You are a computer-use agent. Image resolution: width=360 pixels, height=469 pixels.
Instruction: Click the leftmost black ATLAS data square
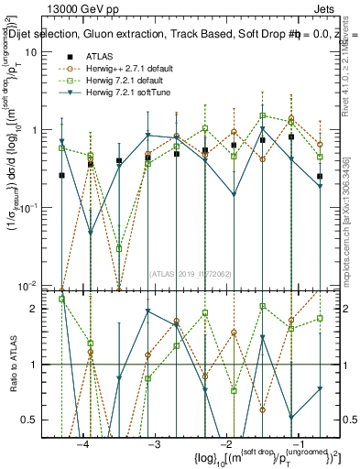pyautogui.click(x=61, y=175)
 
